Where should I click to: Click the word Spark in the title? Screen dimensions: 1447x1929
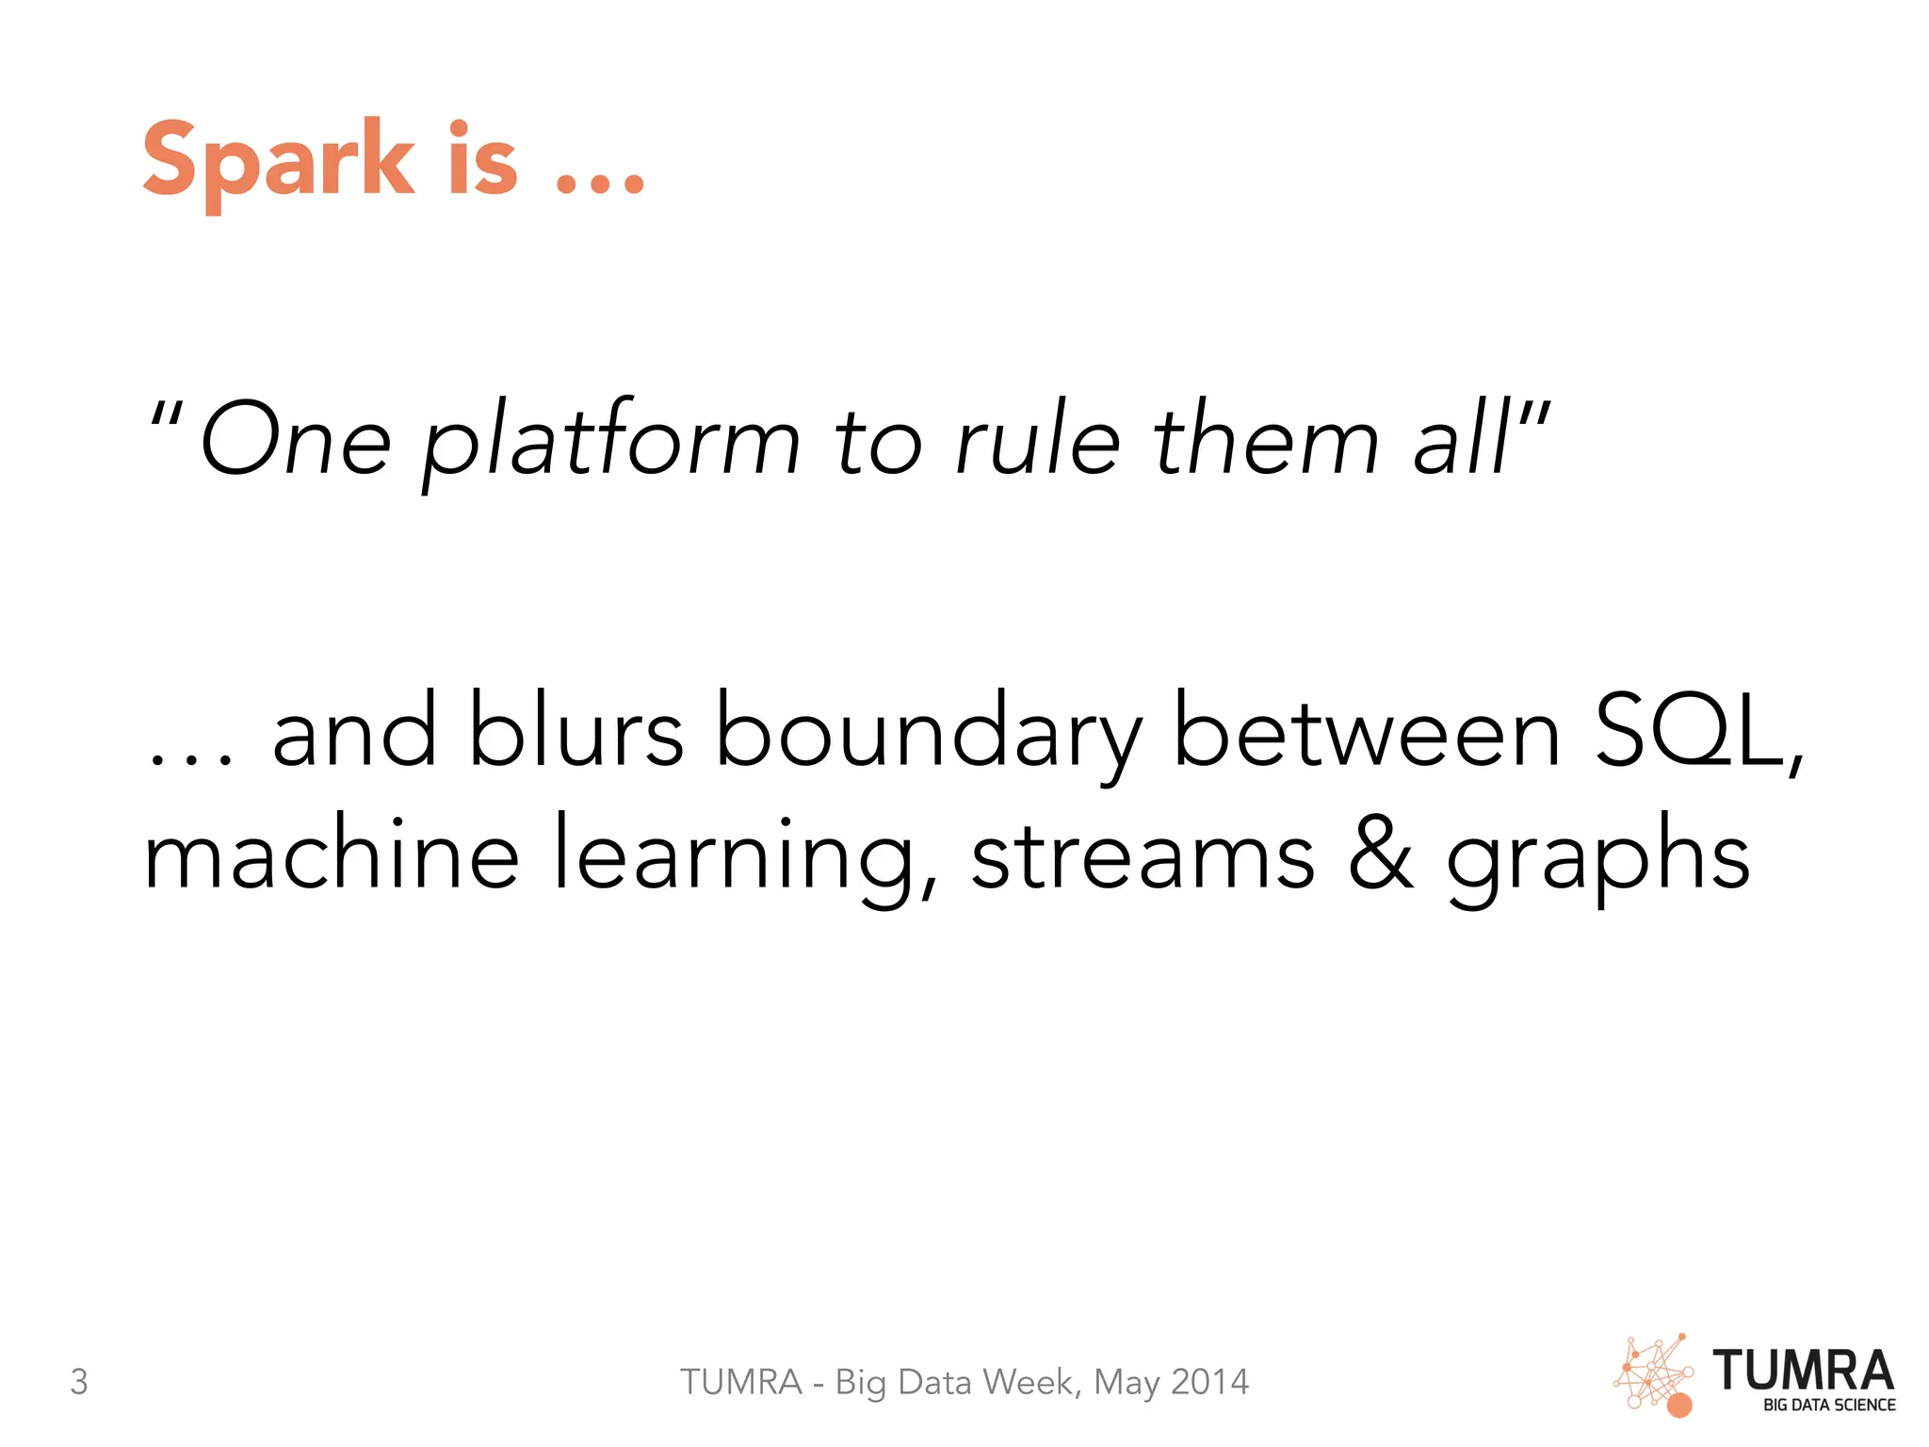(278, 160)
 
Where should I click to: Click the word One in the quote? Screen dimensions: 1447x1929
(296, 439)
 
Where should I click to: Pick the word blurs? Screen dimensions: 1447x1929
(575, 730)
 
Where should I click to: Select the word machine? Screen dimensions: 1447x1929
(331, 854)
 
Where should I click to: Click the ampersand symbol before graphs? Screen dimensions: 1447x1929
(1381, 854)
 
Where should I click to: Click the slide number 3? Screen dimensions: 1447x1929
(79, 1381)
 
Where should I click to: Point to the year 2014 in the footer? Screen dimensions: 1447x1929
(1209, 1382)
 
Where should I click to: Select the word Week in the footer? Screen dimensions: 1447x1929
(1031, 1382)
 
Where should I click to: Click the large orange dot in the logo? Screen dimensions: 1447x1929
(1679, 1406)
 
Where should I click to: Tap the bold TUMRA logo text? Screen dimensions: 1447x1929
(1803, 1371)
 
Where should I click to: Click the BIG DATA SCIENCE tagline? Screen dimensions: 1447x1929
(1829, 1406)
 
